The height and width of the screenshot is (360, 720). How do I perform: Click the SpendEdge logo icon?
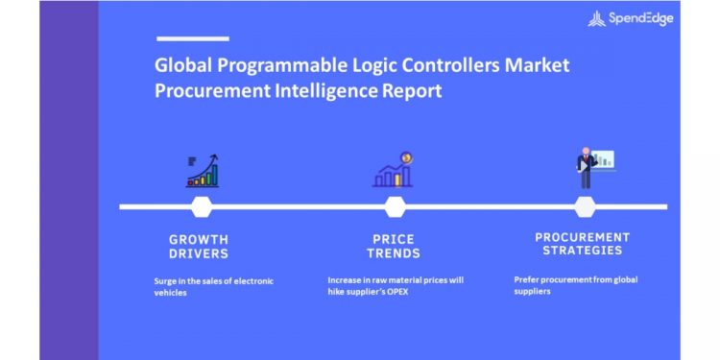(x=596, y=18)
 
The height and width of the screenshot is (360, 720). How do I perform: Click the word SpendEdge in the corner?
(x=641, y=18)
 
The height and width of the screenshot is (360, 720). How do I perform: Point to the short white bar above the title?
(x=193, y=39)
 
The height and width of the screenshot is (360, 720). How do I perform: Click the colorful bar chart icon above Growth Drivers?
(x=203, y=171)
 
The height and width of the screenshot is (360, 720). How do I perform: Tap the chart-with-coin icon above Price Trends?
(x=393, y=170)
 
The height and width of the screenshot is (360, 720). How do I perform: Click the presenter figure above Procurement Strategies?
(x=594, y=168)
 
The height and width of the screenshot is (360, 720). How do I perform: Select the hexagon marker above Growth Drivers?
(x=202, y=206)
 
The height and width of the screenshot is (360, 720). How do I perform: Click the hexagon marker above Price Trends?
(x=395, y=206)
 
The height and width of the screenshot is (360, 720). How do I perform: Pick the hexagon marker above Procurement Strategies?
(x=585, y=206)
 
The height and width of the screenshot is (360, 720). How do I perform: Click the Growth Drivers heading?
(x=199, y=247)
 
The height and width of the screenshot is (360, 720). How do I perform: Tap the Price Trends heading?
(x=394, y=247)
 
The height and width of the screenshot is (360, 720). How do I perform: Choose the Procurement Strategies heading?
(x=583, y=244)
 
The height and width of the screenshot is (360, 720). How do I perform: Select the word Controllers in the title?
(x=452, y=65)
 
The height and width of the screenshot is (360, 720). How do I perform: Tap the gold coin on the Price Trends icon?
(x=406, y=158)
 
